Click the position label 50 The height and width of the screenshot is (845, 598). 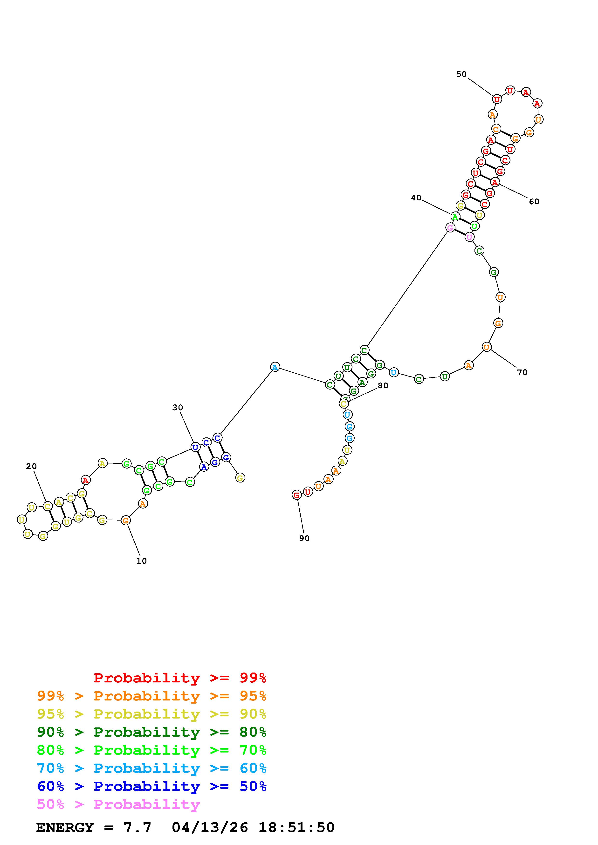point(461,74)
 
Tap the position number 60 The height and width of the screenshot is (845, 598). point(534,202)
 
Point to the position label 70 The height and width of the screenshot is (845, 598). point(522,372)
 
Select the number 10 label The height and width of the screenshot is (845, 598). point(142,561)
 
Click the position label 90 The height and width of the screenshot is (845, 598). point(304,538)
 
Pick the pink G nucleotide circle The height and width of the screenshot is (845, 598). point(450,228)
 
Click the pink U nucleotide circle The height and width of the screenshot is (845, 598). point(469,237)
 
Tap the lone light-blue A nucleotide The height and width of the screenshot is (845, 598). point(275,367)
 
